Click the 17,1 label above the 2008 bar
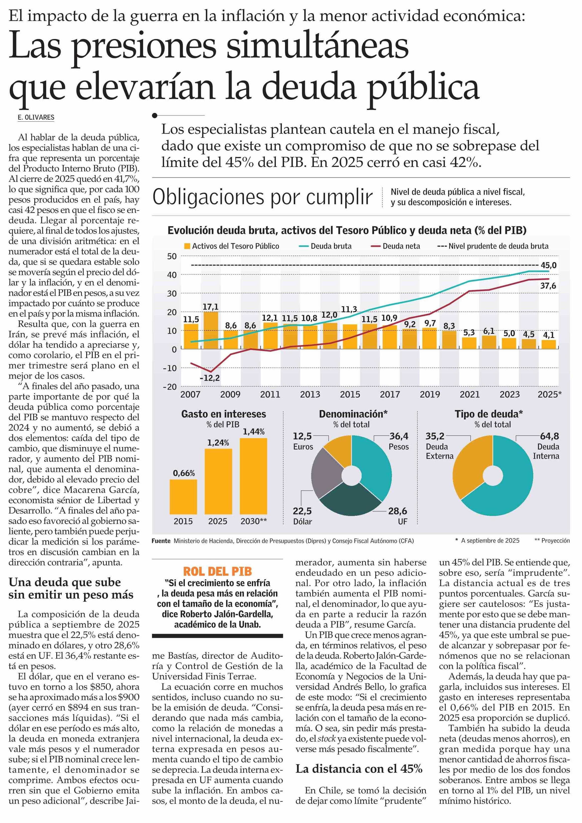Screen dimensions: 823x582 pyautogui.click(x=210, y=307)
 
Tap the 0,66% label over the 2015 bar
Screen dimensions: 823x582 pyautogui.click(x=184, y=473)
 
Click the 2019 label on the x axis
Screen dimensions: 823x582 pyautogui.click(x=430, y=395)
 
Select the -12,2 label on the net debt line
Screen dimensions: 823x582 pyautogui.click(x=210, y=378)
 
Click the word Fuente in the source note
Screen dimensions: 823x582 pyautogui.click(x=161, y=541)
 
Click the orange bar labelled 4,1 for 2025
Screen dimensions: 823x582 pyautogui.click(x=549, y=345)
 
